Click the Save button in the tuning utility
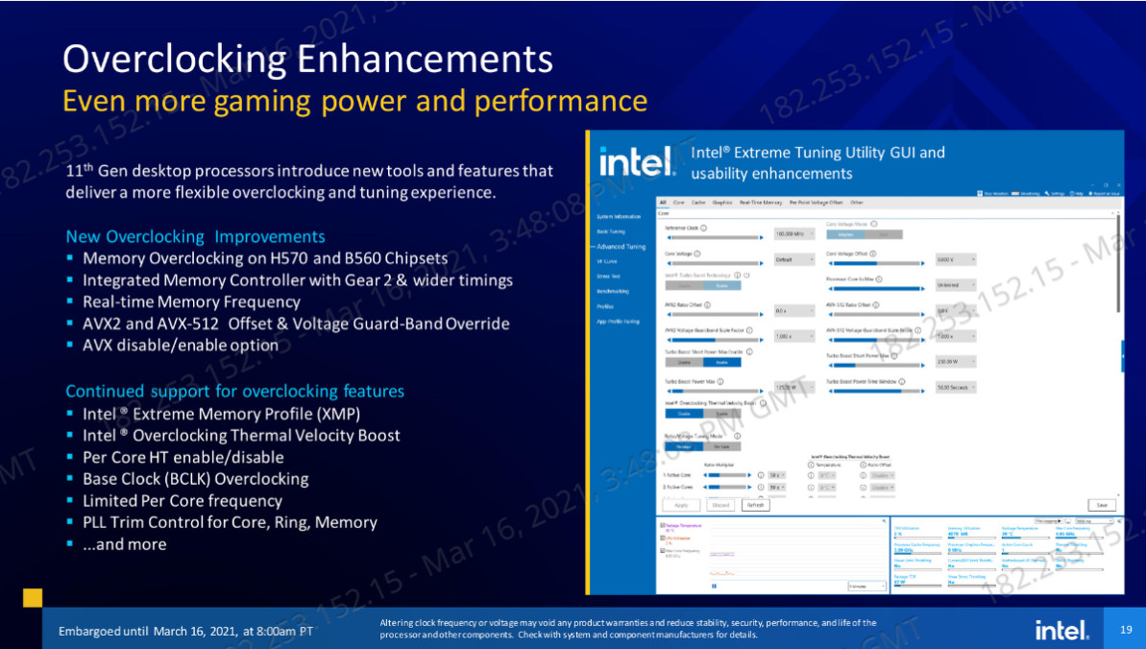point(1101,505)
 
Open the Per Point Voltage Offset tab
point(816,203)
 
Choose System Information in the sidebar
point(619,217)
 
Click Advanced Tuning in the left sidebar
point(622,247)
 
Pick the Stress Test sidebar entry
point(608,276)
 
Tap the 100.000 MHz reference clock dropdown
point(793,233)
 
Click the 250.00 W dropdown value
point(956,362)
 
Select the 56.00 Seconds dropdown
point(956,387)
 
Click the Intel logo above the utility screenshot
point(636,162)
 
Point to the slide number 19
point(1126,629)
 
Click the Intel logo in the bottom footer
point(1061,630)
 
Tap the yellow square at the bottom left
point(33,597)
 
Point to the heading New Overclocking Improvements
point(195,236)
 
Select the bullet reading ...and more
point(125,544)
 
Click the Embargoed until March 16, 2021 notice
point(185,631)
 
